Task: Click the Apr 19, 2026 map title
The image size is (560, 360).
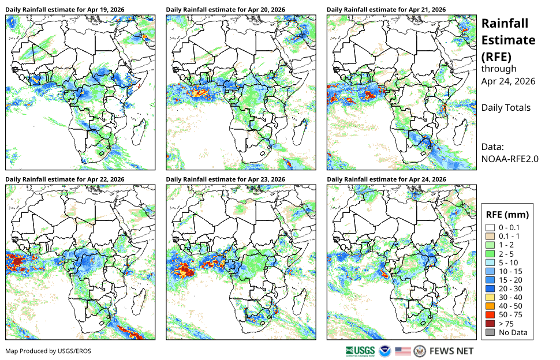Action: pyautogui.click(x=65, y=10)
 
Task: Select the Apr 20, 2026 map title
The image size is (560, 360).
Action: pyautogui.click(x=225, y=10)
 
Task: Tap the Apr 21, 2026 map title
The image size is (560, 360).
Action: pyautogui.click(x=386, y=10)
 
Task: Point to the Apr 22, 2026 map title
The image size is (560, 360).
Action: pyautogui.click(x=65, y=179)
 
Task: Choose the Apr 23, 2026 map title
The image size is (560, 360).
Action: pyautogui.click(x=225, y=179)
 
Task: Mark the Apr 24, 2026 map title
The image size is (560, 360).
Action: pyautogui.click(x=386, y=179)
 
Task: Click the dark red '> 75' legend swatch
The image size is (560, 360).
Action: pyautogui.click(x=490, y=324)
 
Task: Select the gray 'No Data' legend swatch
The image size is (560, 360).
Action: pyautogui.click(x=490, y=332)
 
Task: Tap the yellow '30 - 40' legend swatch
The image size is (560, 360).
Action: pyautogui.click(x=490, y=298)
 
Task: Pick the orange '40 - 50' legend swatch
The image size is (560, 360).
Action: pyautogui.click(x=490, y=306)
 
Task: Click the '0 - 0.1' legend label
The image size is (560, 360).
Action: pyautogui.click(x=509, y=228)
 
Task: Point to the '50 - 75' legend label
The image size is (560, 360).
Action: pyautogui.click(x=510, y=314)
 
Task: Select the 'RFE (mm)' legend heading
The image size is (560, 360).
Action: pyautogui.click(x=507, y=215)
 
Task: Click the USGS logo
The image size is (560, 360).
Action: pyautogui.click(x=360, y=351)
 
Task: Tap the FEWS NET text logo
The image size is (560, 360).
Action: pyautogui.click(x=451, y=351)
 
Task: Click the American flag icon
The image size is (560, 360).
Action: pyautogui.click(x=403, y=351)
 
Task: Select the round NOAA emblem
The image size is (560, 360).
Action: pyautogui.click(x=385, y=351)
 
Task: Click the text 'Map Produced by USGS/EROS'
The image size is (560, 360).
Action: pyautogui.click(x=48, y=351)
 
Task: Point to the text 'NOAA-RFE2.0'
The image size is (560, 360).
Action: pyautogui.click(x=510, y=159)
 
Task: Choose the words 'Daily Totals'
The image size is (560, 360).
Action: pyautogui.click(x=506, y=108)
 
